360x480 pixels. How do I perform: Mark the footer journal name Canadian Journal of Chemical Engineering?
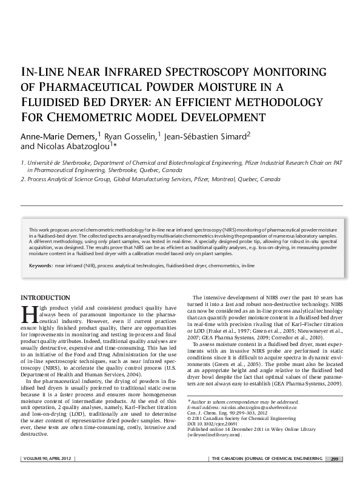tap(265, 458)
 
